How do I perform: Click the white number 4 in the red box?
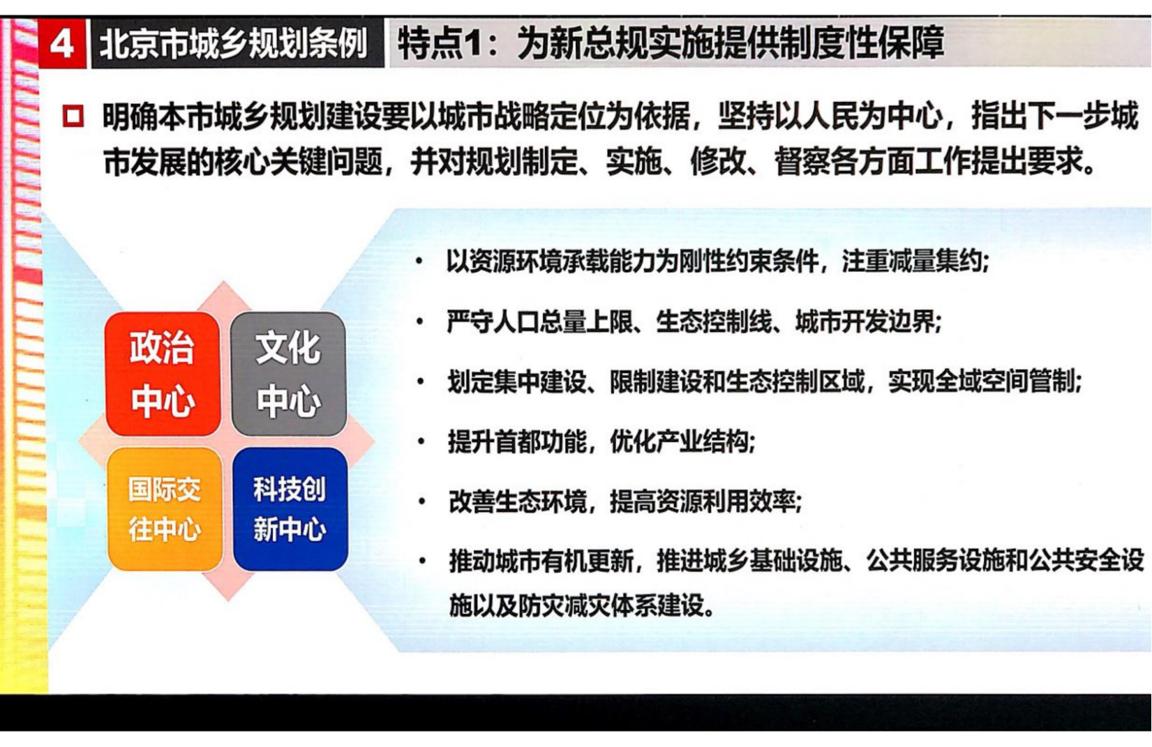pyautogui.click(x=62, y=45)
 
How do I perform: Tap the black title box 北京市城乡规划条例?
pyautogui.click(x=237, y=44)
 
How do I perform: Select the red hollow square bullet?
pyautogui.click(x=73, y=116)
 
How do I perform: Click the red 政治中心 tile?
pyautogui.click(x=163, y=374)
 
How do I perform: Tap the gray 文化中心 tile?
pyautogui.click(x=288, y=374)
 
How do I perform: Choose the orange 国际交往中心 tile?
pyautogui.click(x=165, y=509)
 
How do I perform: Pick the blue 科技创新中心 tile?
pyautogui.click(x=290, y=509)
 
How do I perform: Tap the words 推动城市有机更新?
pyautogui.click(x=541, y=561)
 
